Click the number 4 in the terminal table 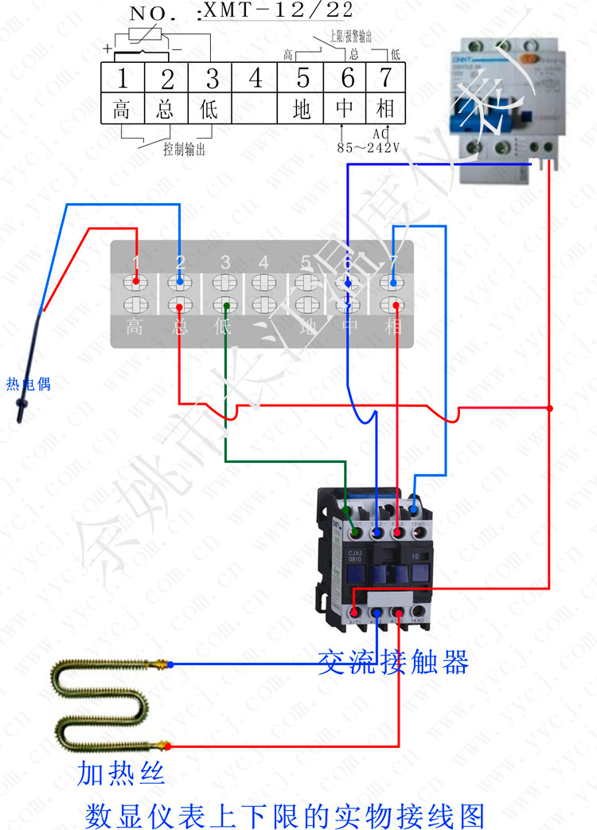pos(255,78)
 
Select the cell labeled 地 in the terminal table pos(301,108)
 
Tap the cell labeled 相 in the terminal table pos(385,108)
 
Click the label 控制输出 pos(184,149)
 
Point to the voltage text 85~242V pos(368,147)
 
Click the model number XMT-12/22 pos(278,10)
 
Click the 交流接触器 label pos(392,662)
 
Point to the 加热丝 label pos(121,772)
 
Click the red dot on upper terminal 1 pos(136,281)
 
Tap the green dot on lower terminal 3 pos(227,306)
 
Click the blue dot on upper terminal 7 pos(393,281)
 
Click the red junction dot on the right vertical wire pos(550,409)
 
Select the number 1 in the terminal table pos(122,78)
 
